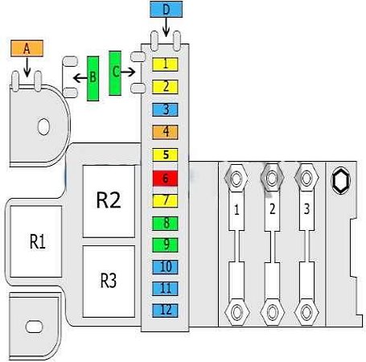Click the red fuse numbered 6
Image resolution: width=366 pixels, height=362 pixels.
coord(165,179)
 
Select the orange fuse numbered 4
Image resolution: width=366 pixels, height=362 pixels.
coord(165,132)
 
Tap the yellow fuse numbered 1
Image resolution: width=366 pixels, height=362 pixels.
coord(165,64)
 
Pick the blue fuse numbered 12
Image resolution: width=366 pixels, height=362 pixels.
coord(165,311)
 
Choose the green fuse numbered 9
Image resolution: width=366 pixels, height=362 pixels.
coord(165,245)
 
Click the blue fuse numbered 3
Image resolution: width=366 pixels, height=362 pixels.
coord(165,109)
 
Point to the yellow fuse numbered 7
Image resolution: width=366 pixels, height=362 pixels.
coord(165,201)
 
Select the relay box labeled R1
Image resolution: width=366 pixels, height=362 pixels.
coord(36,241)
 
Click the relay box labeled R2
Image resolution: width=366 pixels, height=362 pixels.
coord(109,201)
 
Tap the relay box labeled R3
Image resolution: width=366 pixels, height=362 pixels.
coord(109,282)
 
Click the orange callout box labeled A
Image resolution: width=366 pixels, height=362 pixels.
coord(27,48)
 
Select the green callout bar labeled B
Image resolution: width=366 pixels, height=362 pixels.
coord(93,79)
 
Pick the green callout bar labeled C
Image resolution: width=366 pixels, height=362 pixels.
coord(115,73)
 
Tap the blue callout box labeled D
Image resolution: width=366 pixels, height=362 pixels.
coord(167,10)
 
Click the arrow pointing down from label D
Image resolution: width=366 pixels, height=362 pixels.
coord(167,27)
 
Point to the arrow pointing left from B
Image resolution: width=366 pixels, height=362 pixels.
coord(80,78)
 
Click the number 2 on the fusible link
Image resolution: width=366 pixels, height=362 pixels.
coord(272,209)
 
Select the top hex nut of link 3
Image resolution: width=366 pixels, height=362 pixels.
coord(306,178)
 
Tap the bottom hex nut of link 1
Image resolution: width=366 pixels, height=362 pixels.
coord(237,312)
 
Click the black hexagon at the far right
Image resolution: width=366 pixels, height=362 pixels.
coord(341,180)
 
